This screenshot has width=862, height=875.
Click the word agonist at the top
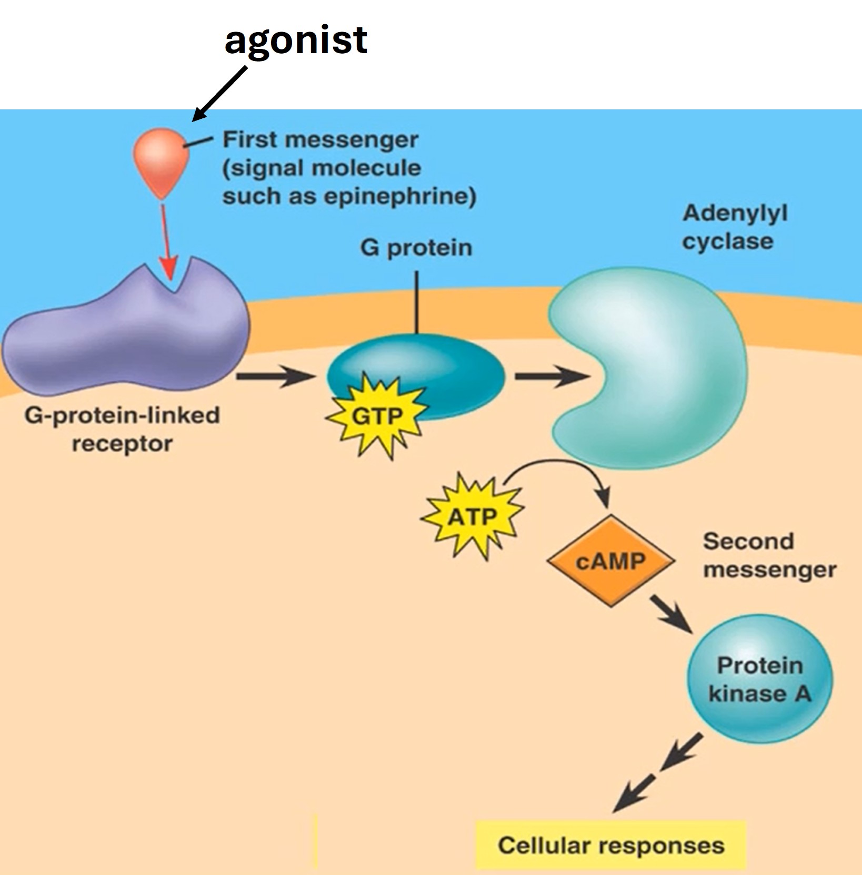[x=296, y=40]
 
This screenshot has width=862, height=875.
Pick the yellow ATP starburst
[x=472, y=516]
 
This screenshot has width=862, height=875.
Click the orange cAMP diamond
[x=610, y=562]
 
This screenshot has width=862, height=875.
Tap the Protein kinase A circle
[x=759, y=679]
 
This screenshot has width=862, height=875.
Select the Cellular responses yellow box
[x=610, y=846]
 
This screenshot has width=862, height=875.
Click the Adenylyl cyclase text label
[x=735, y=227]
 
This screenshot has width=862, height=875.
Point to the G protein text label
[x=416, y=248]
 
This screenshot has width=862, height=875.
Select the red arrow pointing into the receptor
[x=167, y=242]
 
